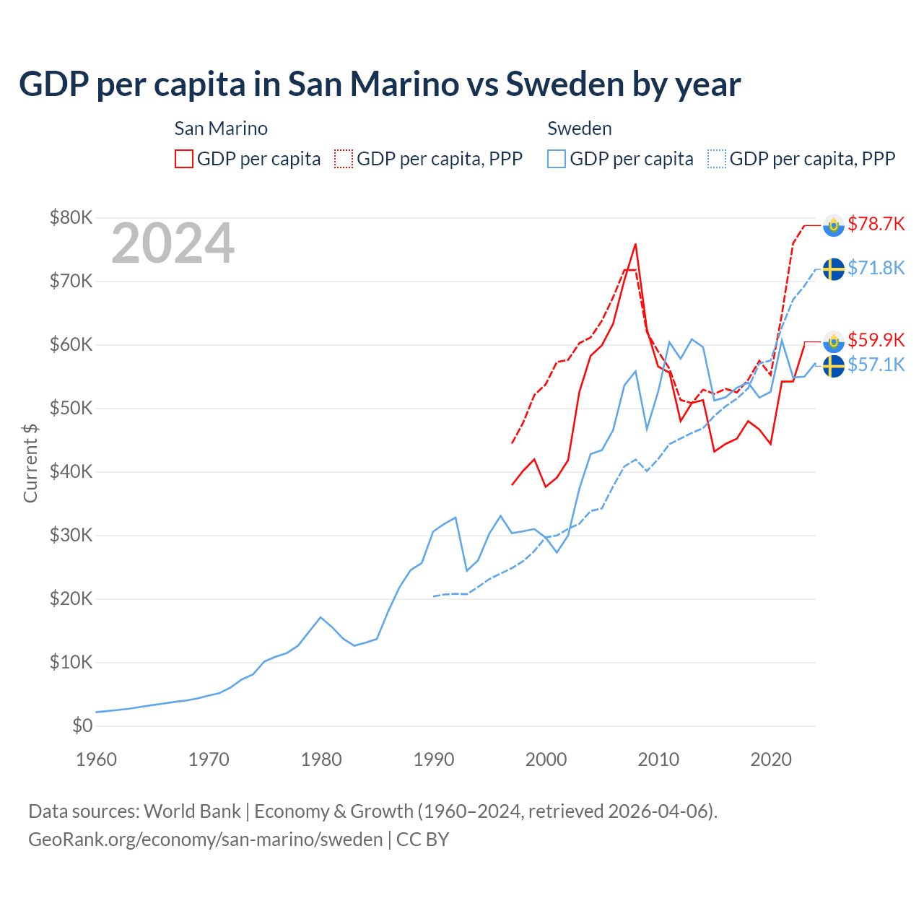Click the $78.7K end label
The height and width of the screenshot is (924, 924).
(876, 225)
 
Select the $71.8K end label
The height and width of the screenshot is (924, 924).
(876, 269)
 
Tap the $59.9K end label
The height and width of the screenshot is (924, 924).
(876, 340)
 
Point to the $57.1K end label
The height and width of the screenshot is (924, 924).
(876, 365)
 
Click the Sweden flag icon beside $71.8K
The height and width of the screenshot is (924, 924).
(834, 269)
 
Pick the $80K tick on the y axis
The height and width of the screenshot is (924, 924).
(71, 217)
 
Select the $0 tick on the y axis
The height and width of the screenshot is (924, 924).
(82, 725)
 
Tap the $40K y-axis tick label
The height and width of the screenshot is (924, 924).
(71, 471)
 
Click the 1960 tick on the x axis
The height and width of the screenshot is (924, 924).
(96, 759)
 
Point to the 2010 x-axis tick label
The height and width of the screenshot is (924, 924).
(658, 759)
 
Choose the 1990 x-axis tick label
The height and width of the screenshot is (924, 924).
(434, 759)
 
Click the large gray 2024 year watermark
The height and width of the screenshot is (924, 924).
(173, 243)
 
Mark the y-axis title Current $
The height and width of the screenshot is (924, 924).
(30, 463)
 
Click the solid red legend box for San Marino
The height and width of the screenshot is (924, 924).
(184, 159)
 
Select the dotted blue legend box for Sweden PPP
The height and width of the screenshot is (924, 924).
(716, 159)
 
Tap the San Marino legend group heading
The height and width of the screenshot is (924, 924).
(221, 128)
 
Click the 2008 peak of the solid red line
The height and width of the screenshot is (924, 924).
(635, 244)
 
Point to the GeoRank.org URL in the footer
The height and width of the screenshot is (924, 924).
(206, 840)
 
